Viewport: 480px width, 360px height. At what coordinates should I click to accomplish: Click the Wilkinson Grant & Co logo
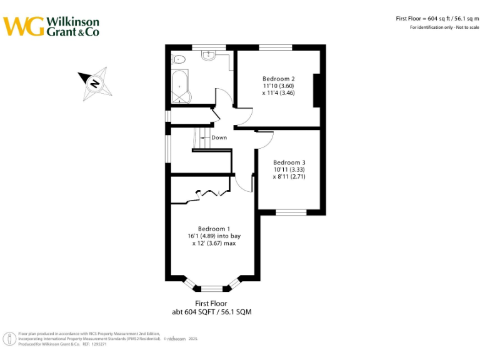pos(51,26)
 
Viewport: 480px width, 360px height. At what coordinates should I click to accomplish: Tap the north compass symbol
pos(95,85)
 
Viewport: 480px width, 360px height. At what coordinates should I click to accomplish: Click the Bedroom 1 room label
pos(214,236)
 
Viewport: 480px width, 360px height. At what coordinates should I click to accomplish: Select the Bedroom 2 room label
pos(278,86)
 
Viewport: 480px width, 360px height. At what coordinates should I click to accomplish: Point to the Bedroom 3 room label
pos(289,169)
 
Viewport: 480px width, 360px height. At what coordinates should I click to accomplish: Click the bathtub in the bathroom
pos(180,87)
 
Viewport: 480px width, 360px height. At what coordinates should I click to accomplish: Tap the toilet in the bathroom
pos(179,59)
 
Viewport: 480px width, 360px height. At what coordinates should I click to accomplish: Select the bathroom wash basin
pos(209,56)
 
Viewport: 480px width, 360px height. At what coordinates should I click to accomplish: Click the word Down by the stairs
pos(219,137)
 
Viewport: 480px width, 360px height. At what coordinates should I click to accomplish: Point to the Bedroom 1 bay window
pos(212,287)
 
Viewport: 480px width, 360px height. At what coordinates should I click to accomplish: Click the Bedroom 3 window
pos(291,212)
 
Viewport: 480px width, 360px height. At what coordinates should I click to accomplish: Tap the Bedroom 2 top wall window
pos(276,47)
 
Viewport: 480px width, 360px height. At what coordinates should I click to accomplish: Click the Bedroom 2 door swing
pos(244,116)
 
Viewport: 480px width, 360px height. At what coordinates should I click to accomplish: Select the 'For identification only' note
pos(444,27)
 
